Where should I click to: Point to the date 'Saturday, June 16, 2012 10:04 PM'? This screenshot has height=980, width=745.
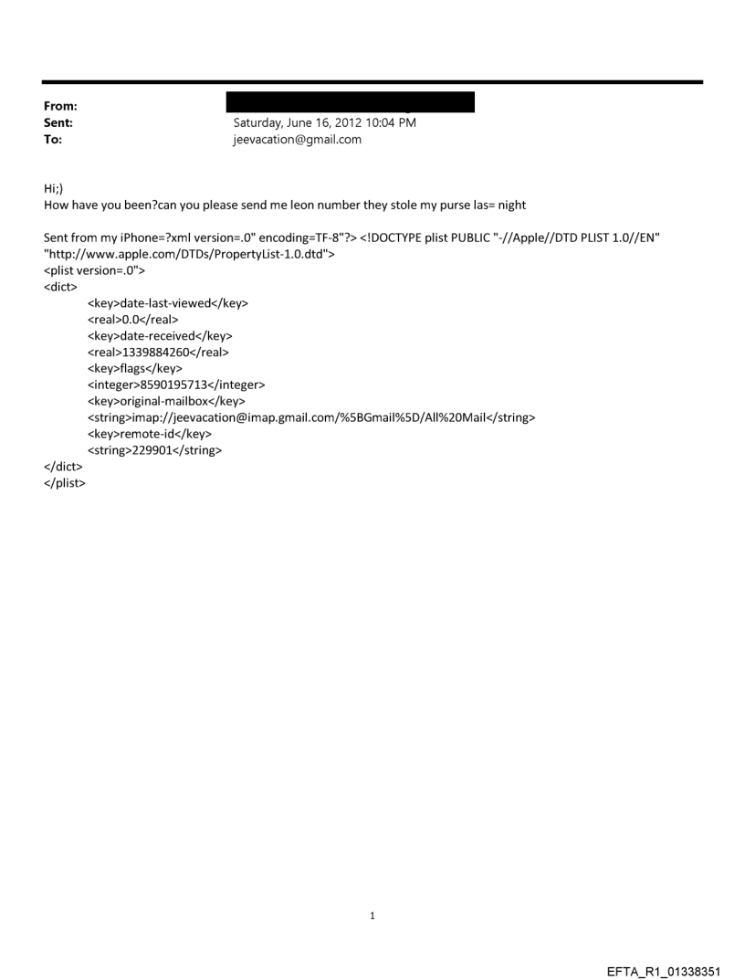point(325,122)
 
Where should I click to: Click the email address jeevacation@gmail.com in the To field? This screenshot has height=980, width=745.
point(298,139)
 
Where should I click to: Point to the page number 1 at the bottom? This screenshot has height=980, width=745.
point(372,915)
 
